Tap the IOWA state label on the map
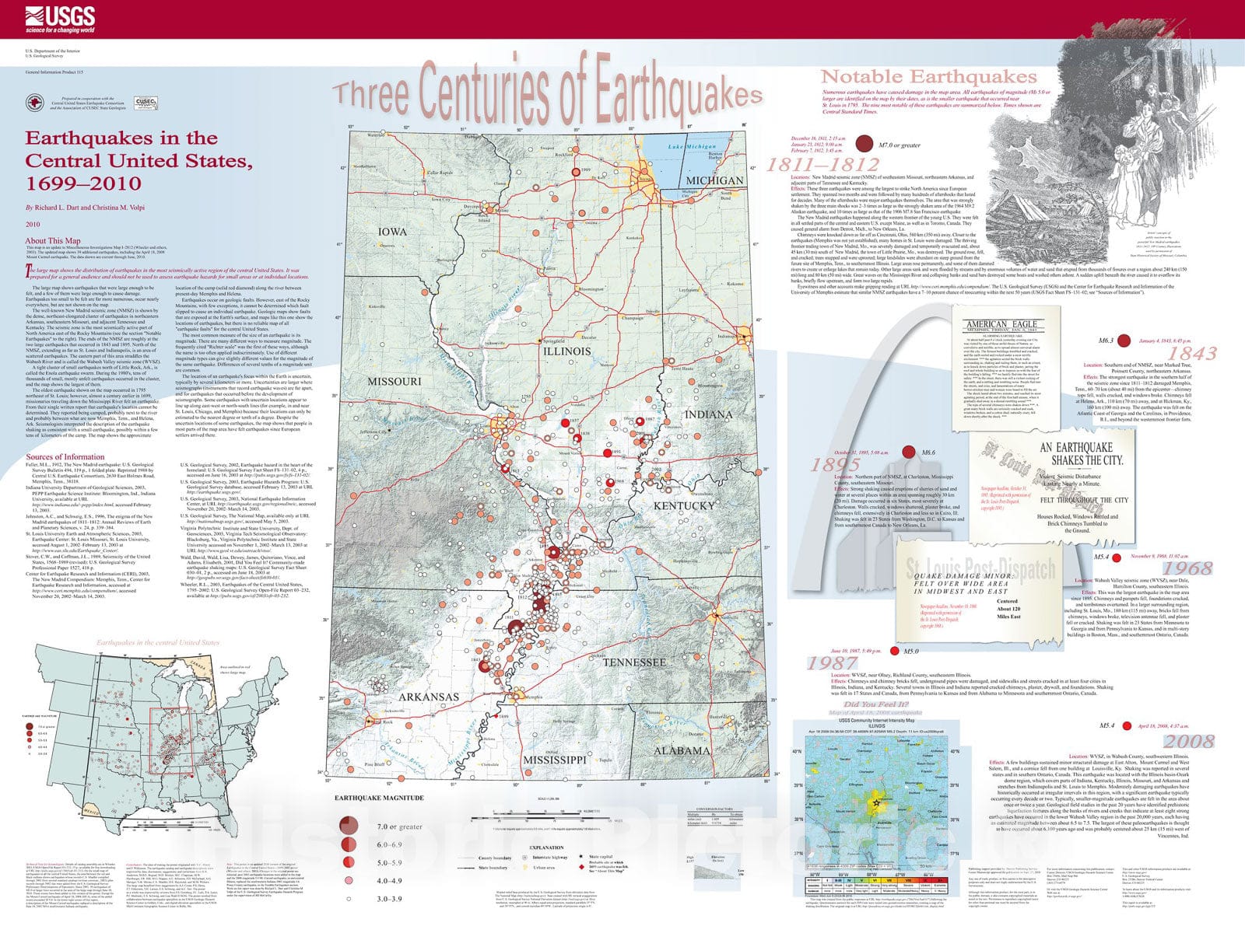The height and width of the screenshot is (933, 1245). click(392, 232)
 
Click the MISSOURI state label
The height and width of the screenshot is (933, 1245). click(394, 381)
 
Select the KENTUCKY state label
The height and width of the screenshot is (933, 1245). click(683, 505)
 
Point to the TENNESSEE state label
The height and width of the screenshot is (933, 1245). click(634, 662)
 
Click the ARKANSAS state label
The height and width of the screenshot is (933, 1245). click(429, 697)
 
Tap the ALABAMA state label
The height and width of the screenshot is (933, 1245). click(681, 750)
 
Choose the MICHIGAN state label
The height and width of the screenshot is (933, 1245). click(714, 180)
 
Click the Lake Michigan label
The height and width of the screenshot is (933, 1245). click(692, 147)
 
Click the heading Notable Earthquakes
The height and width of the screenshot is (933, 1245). click(929, 77)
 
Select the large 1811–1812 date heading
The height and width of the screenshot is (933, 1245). click(822, 165)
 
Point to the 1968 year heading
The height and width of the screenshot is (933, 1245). click(1187, 568)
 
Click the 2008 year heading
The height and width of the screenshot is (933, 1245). click(1188, 741)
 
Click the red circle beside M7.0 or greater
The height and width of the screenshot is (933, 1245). click(863, 143)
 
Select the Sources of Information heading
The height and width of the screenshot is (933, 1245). click(65, 457)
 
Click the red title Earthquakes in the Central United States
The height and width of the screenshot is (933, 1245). click(139, 161)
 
